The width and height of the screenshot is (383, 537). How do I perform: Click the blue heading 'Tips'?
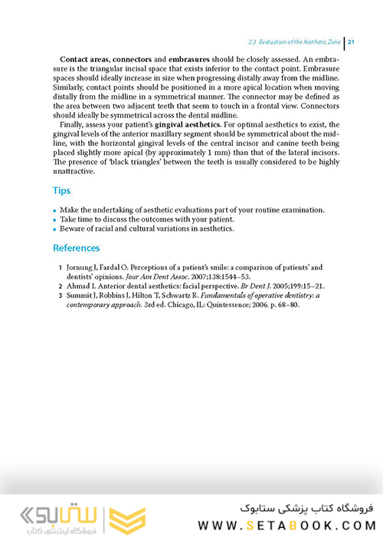(x=62, y=189)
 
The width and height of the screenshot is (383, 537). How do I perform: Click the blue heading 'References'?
(x=77, y=248)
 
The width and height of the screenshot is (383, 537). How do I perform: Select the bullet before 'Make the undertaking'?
(x=56, y=210)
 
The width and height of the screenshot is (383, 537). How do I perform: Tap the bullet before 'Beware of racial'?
(x=56, y=229)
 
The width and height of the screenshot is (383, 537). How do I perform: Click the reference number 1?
(x=61, y=267)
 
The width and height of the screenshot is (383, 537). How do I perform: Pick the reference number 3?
(x=61, y=295)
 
